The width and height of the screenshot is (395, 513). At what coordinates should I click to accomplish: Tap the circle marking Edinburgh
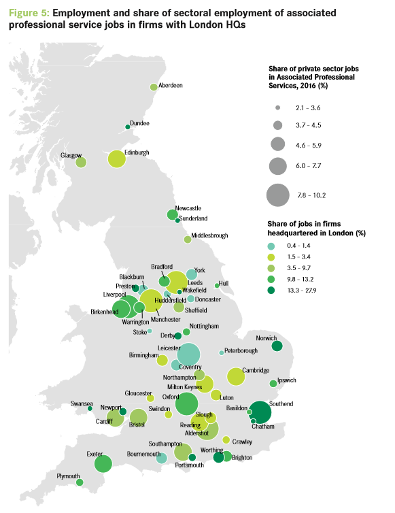point(117,159)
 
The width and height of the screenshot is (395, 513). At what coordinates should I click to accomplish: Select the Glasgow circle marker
point(81,163)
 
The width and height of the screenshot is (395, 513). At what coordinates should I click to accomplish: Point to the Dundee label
point(139,123)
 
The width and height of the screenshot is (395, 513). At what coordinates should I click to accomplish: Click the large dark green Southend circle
point(260,411)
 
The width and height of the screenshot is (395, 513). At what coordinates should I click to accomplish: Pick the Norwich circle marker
point(277,346)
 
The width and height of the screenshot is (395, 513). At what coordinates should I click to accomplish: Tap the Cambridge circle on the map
point(236,376)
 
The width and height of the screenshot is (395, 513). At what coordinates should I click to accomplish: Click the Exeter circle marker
point(103,464)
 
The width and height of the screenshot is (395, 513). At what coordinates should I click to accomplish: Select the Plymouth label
point(69,476)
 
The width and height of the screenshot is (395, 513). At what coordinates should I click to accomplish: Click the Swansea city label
point(82,403)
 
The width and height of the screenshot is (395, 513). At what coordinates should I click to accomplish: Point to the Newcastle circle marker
point(172,215)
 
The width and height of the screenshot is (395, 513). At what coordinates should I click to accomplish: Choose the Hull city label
point(224,282)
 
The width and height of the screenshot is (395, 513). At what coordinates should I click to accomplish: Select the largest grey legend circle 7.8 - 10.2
point(278,195)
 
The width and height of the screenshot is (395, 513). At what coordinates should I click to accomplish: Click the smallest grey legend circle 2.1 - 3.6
point(278,108)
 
